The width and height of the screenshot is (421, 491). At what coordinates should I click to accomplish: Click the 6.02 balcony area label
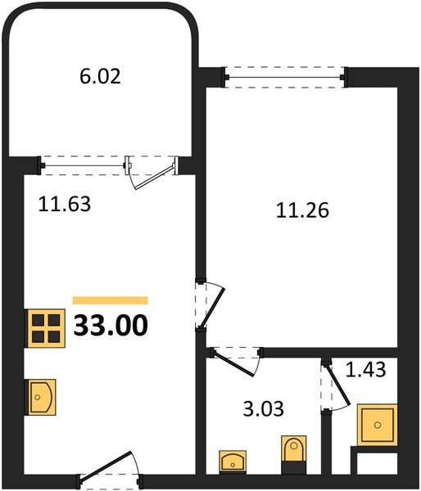tap(100, 77)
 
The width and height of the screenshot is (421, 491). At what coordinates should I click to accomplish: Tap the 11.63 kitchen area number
tap(65, 204)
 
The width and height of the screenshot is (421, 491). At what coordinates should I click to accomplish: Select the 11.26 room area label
tap(302, 210)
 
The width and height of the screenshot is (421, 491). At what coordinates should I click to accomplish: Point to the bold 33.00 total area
tap(111, 326)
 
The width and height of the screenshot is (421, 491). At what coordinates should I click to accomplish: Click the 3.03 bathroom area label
tap(263, 409)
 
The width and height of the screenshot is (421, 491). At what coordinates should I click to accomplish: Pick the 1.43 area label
tap(365, 369)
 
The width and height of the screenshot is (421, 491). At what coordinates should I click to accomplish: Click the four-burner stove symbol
tap(46, 328)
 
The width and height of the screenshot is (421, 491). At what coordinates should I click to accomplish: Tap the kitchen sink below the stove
tap(42, 397)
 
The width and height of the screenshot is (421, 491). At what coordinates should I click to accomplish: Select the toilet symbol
tap(294, 448)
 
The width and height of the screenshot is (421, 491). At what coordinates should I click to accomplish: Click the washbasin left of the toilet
tap(233, 460)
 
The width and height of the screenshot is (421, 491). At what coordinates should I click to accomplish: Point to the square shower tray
tap(378, 425)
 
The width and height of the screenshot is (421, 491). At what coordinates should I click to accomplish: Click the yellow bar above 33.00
tap(111, 300)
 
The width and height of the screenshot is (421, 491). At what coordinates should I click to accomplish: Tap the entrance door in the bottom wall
tap(106, 466)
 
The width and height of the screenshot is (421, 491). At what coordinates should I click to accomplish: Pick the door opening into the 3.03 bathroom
tap(234, 363)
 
